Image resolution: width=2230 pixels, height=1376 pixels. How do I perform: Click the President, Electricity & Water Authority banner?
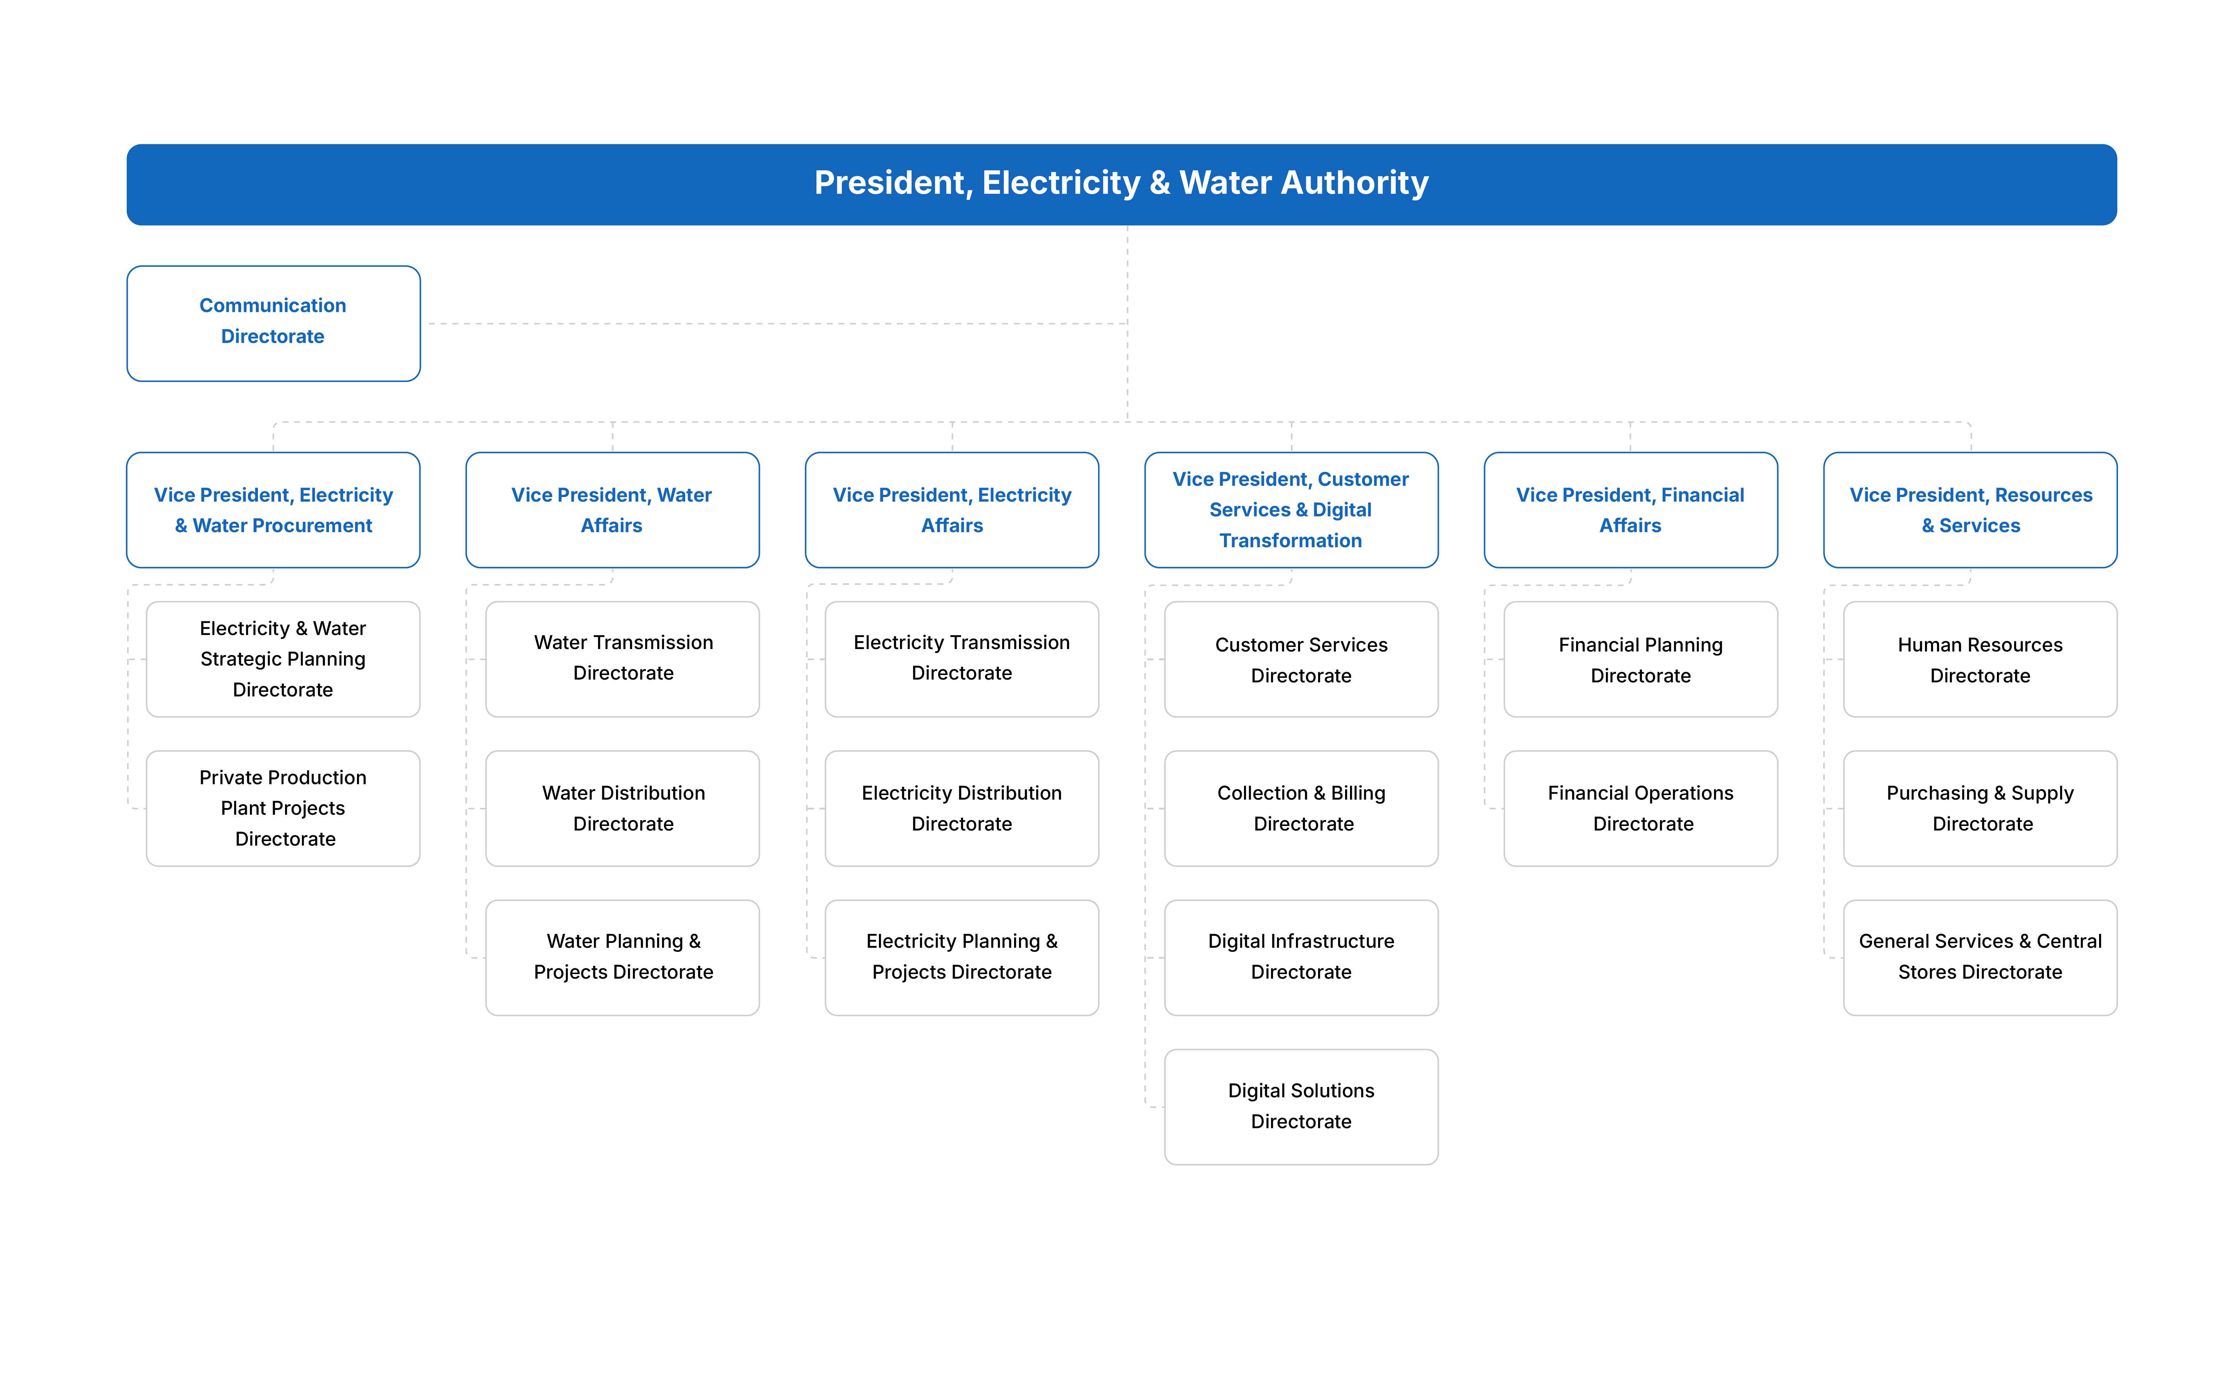click(1121, 184)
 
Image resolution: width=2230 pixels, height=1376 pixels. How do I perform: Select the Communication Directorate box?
click(273, 323)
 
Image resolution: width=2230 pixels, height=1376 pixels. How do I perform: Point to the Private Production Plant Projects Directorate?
click(283, 808)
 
